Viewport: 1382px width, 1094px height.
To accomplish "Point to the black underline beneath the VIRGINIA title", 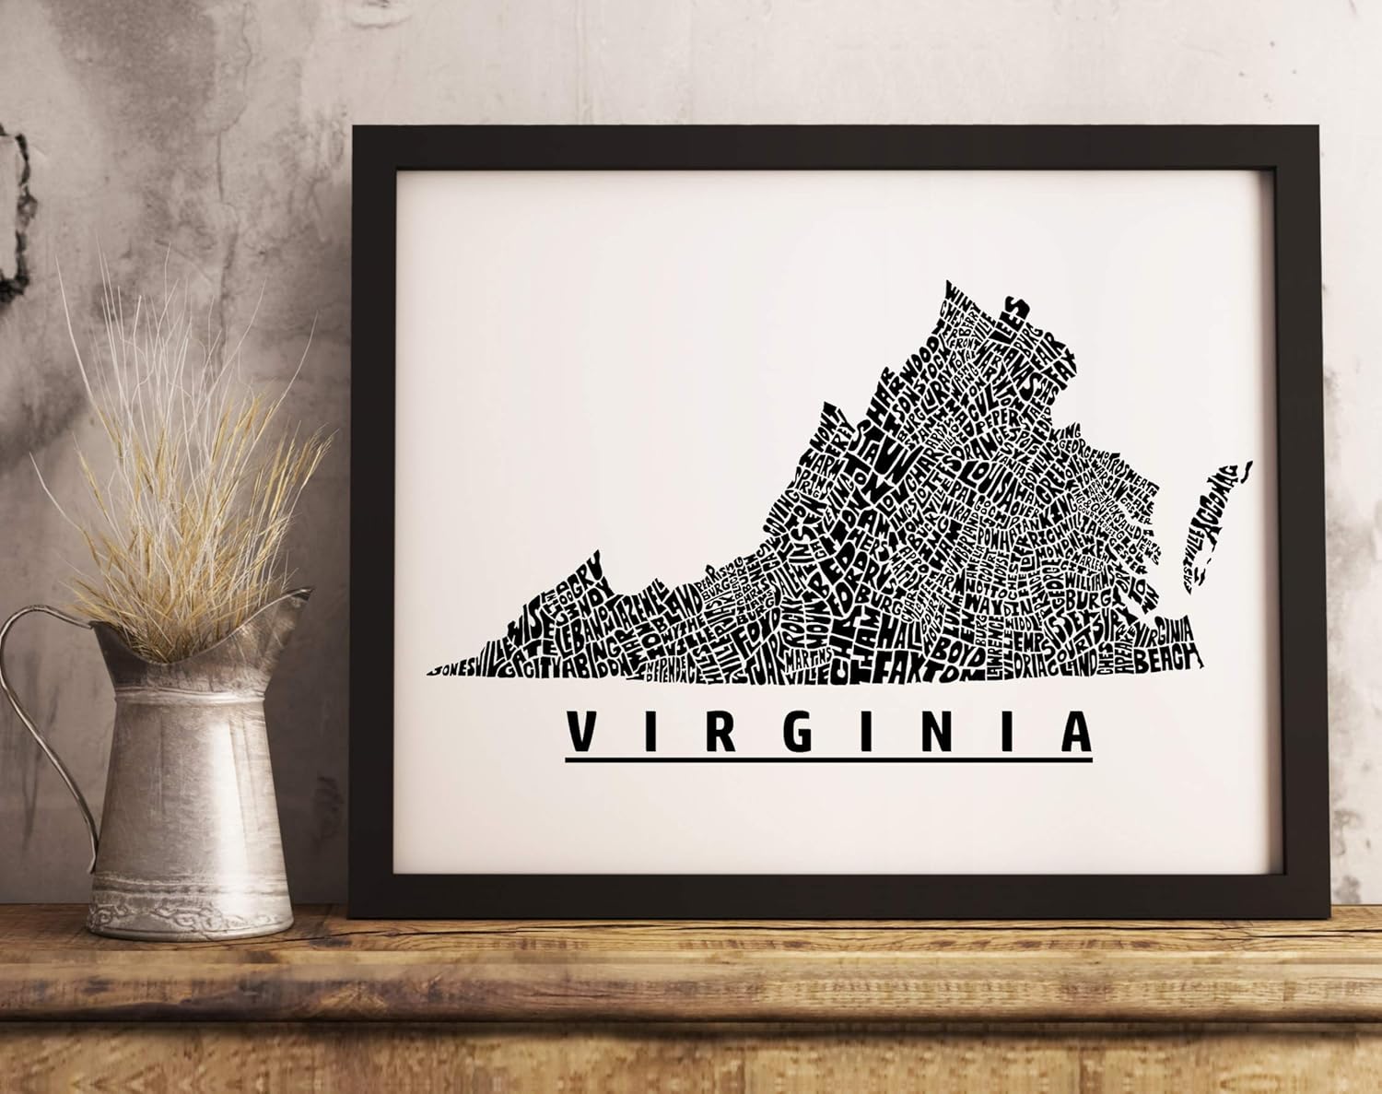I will tap(828, 760).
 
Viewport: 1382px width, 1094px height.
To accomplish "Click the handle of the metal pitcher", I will tap(37, 700).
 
